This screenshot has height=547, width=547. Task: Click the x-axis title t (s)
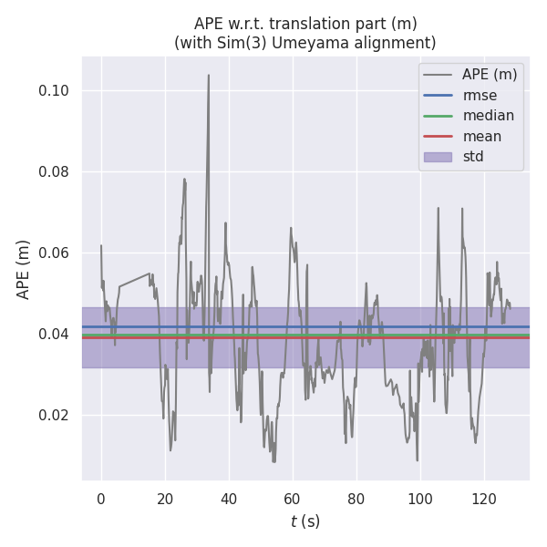click(305, 521)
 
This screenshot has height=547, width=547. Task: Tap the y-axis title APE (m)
click(24, 269)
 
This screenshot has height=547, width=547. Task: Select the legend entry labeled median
click(488, 116)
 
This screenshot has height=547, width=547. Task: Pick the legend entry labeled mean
click(481, 136)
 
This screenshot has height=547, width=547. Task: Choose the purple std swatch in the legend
click(438, 157)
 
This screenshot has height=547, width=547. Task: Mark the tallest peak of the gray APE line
click(209, 76)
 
